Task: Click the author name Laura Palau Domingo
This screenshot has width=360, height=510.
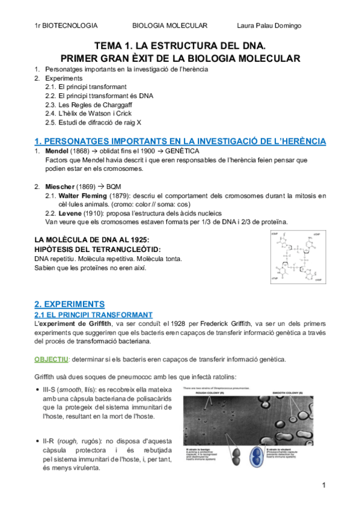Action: tap(269, 25)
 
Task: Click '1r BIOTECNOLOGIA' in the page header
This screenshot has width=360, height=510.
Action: tap(66, 25)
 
